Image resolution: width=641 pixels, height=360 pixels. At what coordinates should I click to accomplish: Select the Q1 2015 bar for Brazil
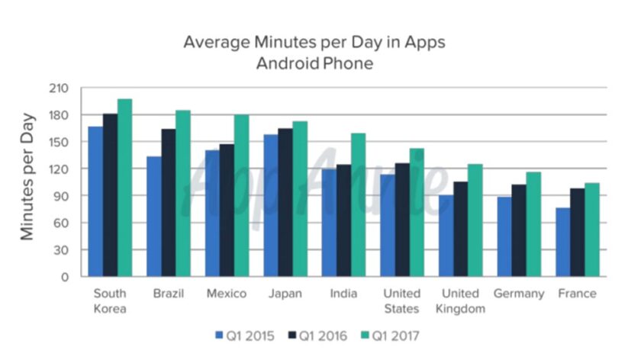(154, 217)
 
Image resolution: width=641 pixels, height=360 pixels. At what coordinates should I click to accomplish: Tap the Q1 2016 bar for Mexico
(227, 211)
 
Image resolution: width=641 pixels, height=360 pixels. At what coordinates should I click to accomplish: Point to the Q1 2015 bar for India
(329, 223)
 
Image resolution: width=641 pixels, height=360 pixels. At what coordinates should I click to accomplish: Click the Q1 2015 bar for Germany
(504, 236)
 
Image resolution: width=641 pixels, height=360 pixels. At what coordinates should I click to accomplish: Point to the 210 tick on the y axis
(59, 88)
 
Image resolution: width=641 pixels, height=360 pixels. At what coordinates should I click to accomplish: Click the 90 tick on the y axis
(61, 196)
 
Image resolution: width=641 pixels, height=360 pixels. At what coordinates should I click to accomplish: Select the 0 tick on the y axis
(65, 277)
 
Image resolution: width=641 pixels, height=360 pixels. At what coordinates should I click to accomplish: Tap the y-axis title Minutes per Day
(27, 177)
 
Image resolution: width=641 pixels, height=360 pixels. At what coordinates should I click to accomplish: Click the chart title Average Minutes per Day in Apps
(314, 42)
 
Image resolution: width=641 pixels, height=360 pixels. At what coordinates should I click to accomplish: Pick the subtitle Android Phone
(314, 63)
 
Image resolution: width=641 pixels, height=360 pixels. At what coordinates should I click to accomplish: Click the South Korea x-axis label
(110, 301)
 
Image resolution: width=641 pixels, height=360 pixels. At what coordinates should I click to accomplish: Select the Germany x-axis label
(519, 294)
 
